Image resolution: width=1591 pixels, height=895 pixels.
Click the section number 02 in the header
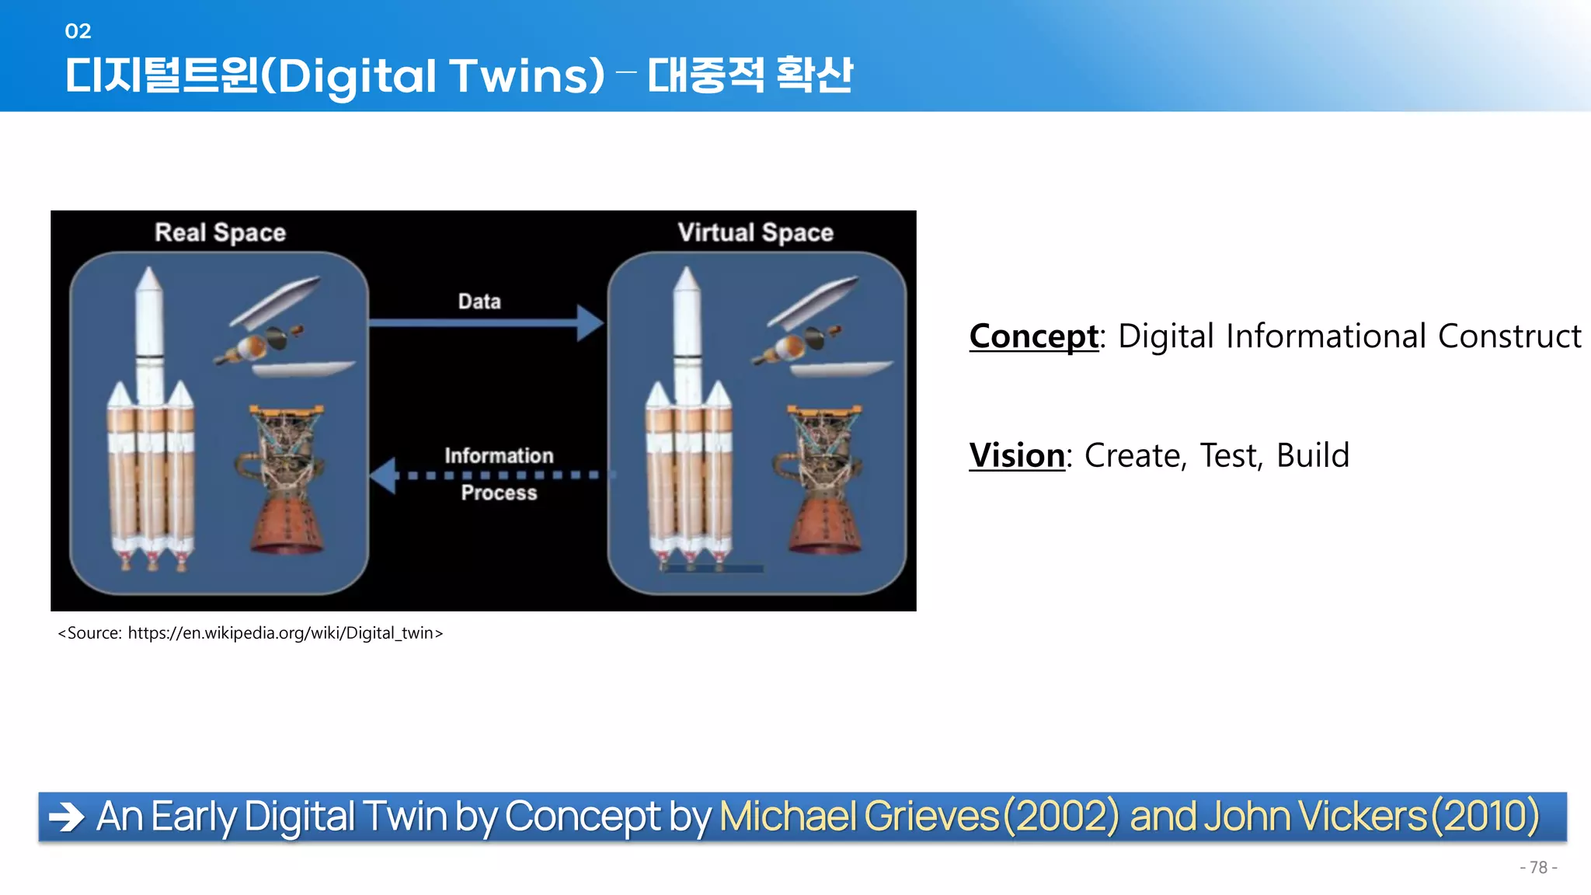[78, 31]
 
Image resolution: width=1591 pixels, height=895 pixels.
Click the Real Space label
[220, 232]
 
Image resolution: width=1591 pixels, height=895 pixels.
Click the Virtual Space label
[755, 232]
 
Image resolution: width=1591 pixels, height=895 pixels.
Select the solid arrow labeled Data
[486, 322]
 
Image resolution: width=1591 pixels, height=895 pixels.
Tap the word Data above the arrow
[479, 301]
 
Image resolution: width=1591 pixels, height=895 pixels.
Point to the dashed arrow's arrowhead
[383, 475]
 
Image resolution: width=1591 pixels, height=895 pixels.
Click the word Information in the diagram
[499, 455]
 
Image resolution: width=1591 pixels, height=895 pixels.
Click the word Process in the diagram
[499, 493]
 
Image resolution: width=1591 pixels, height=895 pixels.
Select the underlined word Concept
[1033, 336]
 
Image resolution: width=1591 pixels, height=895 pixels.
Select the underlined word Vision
[1016, 455]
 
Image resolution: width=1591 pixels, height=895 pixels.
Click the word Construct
[1509, 336]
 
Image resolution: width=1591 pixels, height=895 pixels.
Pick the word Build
[1312, 455]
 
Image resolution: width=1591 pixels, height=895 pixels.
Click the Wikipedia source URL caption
[250, 633]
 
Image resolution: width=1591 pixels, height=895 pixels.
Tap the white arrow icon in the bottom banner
[67, 817]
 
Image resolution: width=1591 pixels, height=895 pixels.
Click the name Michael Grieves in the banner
[858, 817]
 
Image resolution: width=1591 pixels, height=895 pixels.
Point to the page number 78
[1538, 868]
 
